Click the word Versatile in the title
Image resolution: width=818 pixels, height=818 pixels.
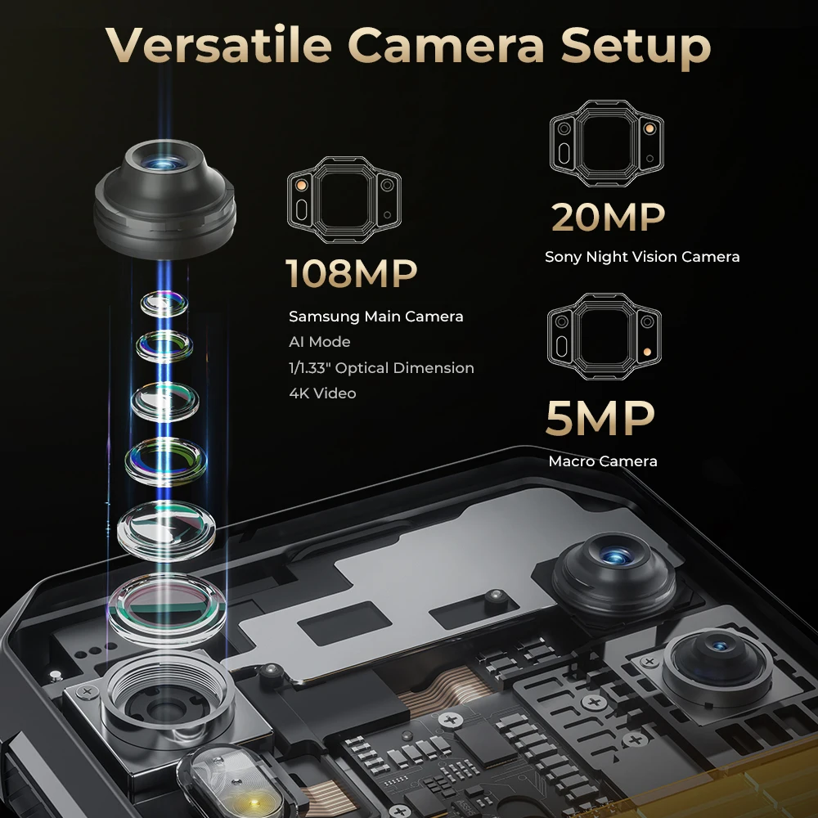pos(216,47)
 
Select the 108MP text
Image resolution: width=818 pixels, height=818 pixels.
pos(351,273)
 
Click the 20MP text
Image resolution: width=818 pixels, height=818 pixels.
pos(608,216)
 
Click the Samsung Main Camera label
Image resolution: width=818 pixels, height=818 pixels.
pos(375,316)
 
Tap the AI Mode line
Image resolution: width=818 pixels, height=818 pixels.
pos(319,342)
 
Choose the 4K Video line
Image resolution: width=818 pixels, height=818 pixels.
pos(322,393)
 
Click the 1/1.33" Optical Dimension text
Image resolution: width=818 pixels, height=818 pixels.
pos(381,368)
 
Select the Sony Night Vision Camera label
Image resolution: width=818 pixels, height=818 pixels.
pos(642,257)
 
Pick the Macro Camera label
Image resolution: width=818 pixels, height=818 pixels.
pos(603,461)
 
